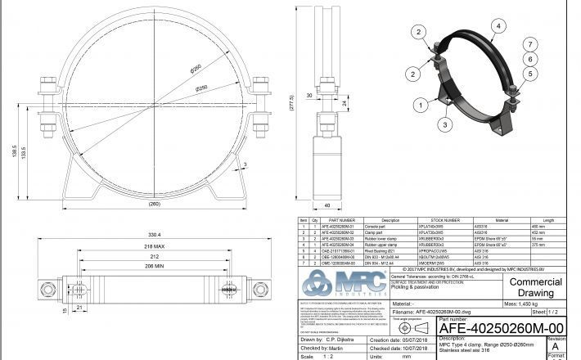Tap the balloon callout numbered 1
[x=420, y=104]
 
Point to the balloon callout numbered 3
[x=444, y=124]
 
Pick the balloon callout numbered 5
[x=529, y=74]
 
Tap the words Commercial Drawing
[x=536, y=287]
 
